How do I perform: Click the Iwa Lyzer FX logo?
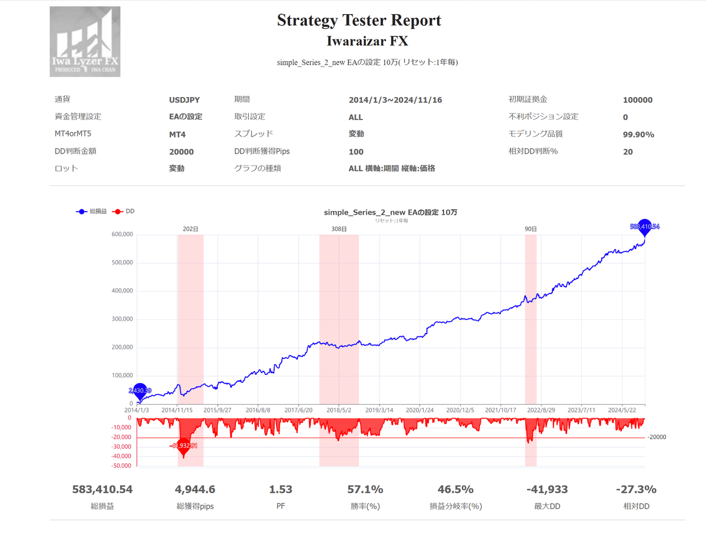click(x=85, y=41)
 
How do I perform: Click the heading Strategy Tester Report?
click(x=359, y=21)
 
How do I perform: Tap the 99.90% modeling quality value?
click(x=638, y=135)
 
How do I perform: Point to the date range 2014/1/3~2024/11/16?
click(x=395, y=100)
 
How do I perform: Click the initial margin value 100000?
click(x=637, y=100)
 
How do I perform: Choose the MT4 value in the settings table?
click(x=177, y=135)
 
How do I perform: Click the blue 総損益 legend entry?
click(x=92, y=211)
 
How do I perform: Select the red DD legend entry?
click(x=124, y=211)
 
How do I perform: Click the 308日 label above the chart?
click(x=339, y=229)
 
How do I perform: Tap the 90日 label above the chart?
click(x=531, y=229)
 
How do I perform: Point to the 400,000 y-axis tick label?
click(x=122, y=291)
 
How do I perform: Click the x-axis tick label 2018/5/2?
click(x=339, y=410)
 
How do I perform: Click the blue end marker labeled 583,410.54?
click(x=644, y=226)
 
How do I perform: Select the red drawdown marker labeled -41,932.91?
click(x=184, y=446)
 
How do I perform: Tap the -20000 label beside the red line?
click(x=657, y=437)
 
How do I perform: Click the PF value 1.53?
click(x=280, y=489)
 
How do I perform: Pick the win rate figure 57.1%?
click(x=365, y=489)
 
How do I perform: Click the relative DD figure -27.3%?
click(x=636, y=489)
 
